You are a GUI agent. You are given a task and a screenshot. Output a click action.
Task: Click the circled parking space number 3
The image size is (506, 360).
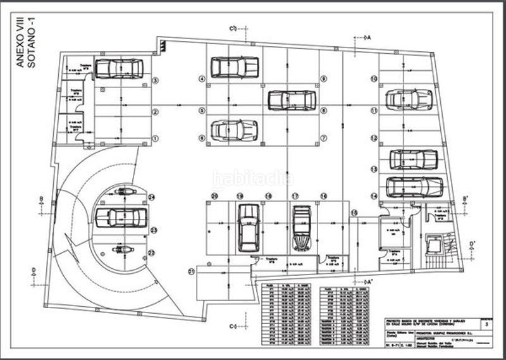coord(154,80)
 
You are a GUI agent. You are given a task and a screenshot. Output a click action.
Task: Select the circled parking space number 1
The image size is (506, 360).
coord(154,138)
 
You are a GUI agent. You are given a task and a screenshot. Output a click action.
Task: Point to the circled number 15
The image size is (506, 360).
coord(354,213)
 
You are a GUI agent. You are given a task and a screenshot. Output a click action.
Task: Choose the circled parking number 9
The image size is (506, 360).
coord(323,79)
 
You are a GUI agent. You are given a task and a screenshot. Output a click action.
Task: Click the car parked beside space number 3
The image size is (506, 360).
coord(118,68)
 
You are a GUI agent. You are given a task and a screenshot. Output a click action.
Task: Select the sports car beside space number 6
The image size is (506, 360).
coord(234,130)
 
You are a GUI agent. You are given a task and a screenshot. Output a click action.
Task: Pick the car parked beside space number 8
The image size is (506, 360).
coord(292,100)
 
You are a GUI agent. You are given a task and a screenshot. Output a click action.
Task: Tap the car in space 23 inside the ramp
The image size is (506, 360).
coord(121,218)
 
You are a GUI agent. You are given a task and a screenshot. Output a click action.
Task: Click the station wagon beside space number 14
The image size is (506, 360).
coord(414,187)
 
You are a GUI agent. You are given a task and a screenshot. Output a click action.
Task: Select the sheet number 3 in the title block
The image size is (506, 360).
coord(486,323)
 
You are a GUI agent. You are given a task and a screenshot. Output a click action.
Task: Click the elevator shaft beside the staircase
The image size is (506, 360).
coord(434,244)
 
